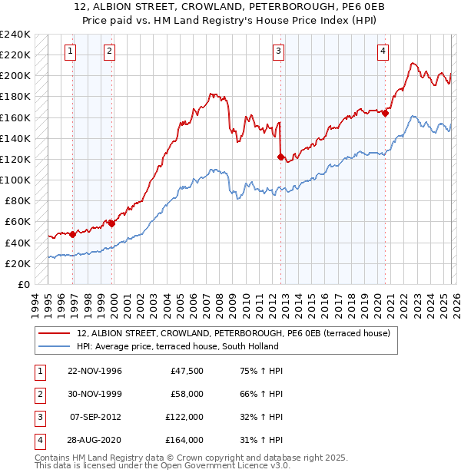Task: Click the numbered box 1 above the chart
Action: [70, 51]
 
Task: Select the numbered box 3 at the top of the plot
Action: [278, 51]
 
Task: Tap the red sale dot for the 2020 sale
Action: [385, 114]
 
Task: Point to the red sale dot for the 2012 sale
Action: [280, 157]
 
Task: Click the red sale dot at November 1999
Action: [112, 223]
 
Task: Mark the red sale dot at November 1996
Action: [73, 234]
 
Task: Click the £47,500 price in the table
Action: [187, 371]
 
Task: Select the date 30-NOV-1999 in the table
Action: [95, 394]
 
